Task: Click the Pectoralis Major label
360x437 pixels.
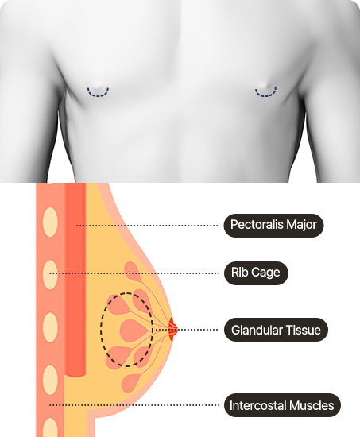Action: click(x=273, y=226)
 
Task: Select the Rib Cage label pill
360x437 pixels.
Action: click(x=256, y=273)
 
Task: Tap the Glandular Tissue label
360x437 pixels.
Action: click(x=276, y=330)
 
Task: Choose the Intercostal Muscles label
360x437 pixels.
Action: click(x=282, y=405)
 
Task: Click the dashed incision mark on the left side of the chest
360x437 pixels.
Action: click(x=98, y=93)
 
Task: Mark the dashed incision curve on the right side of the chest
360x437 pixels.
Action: click(x=265, y=92)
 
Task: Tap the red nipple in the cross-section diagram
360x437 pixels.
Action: click(x=173, y=329)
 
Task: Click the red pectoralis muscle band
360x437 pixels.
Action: click(x=75, y=279)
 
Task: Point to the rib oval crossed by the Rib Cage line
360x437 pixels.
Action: click(x=50, y=274)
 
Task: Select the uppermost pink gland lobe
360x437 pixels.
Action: click(x=133, y=270)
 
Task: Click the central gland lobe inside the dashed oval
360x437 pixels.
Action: click(x=133, y=331)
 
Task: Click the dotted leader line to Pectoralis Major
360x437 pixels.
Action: click(x=147, y=226)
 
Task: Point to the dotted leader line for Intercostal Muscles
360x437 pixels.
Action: click(x=134, y=405)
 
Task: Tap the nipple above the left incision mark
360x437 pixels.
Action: click(x=98, y=86)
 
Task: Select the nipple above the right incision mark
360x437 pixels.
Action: click(x=265, y=85)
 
